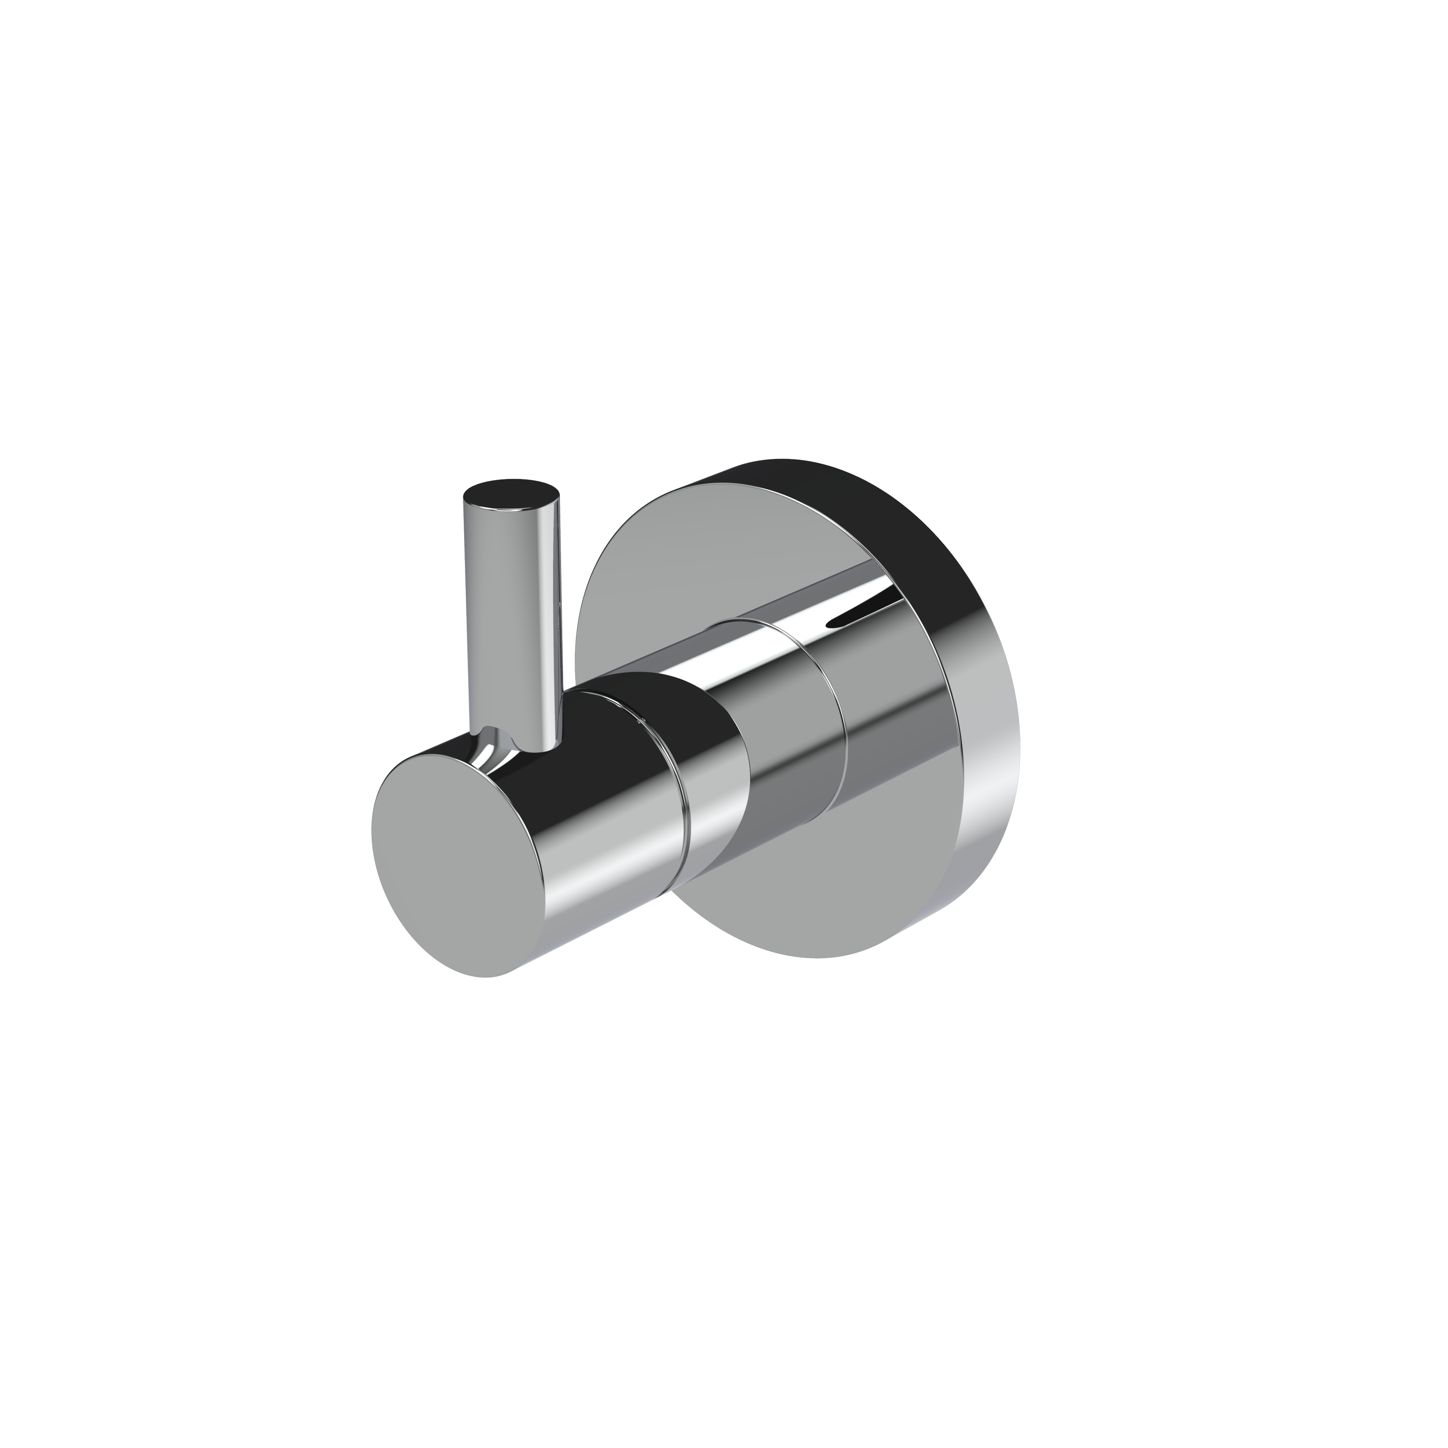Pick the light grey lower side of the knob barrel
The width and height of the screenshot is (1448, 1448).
pyautogui.click(x=600, y=884)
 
